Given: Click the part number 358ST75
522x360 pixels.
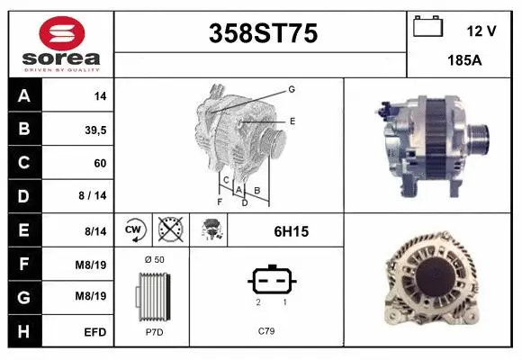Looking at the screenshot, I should pyautogui.click(x=263, y=33).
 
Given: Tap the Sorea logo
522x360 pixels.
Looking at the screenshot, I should pyautogui.click(x=61, y=43).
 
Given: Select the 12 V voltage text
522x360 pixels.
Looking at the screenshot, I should pyautogui.click(x=481, y=31).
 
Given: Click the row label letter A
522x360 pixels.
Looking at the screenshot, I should pyautogui.click(x=23, y=95).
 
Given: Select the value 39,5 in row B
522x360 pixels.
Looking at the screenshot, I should pyautogui.click(x=95, y=130).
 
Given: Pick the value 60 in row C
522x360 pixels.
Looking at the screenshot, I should pyautogui.click(x=99, y=164).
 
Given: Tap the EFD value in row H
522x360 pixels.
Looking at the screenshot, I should pyautogui.click(x=95, y=332).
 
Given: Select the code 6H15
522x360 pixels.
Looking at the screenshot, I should pyautogui.click(x=290, y=231).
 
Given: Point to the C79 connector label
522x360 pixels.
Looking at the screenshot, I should pyautogui.click(x=266, y=330).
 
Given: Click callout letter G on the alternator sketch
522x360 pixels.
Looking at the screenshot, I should pyautogui.click(x=292, y=89).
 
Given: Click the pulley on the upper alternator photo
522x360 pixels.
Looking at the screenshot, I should pyautogui.click(x=478, y=136).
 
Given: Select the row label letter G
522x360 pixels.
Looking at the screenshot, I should pyautogui.click(x=23, y=298).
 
